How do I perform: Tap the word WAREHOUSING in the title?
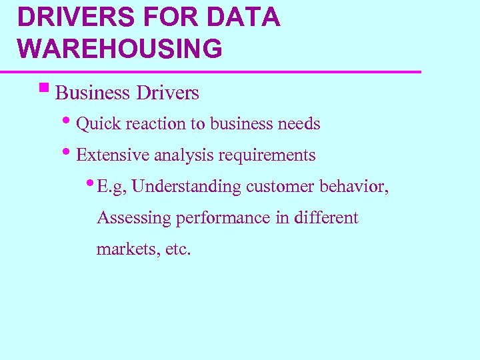pyautogui.click(x=120, y=49)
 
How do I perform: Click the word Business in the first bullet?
pyautogui.click(x=93, y=93)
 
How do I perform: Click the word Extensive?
pyautogui.click(x=113, y=155)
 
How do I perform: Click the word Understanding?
pyautogui.click(x=186, y=187)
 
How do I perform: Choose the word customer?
pyautogui.click(x=280, y=187)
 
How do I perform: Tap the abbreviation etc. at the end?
pyautogui.click(x=177, y=249)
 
